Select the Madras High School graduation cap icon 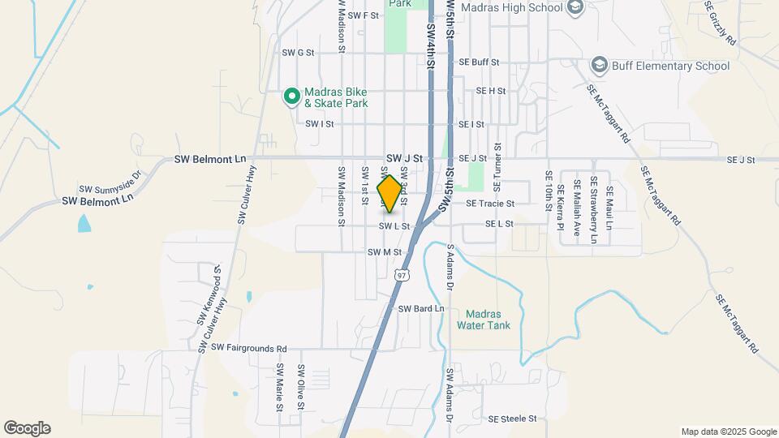click(575, 8)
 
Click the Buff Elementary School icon click(600, 66)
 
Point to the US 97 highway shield click(402, 275)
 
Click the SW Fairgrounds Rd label click(249, 348)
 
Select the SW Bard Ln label click(421, 309)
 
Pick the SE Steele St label click(513, 419)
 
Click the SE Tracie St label click(489, 204)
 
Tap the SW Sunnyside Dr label click(110, 180)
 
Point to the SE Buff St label click(479, 62)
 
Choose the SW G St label click(298, 53)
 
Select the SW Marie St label click(279, 387)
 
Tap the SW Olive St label click(300, 388)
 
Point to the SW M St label click(385, 252)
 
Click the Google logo click(27, 428)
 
